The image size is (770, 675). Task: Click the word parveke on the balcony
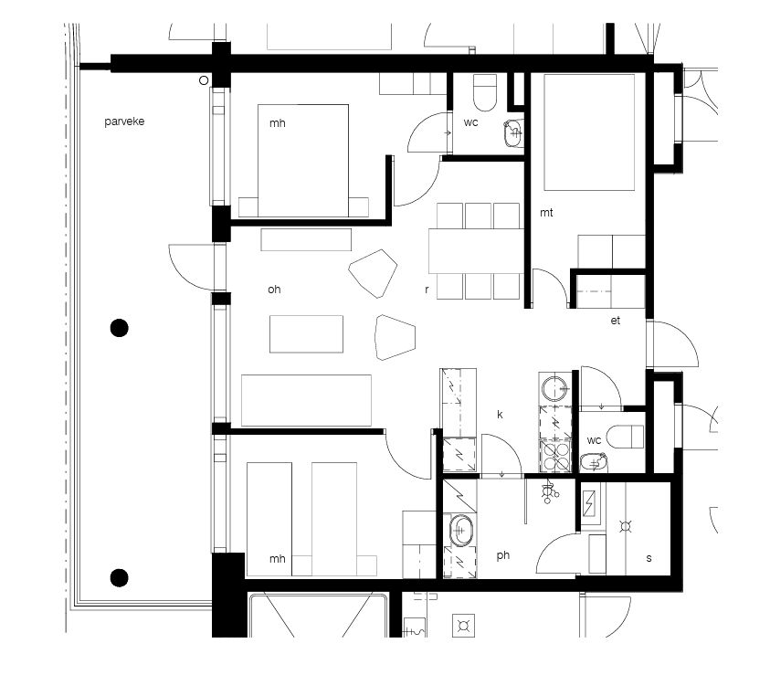pyautogui.click(x=124, y=121)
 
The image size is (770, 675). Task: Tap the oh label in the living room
pyautogui.click(x=274, y=290)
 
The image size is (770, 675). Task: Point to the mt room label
pyautogui.click(x=546, y=213)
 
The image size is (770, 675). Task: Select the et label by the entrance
pyautogui.click(x=616, y=321)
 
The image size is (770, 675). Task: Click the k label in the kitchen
pyautogui.click(x=500, y=415)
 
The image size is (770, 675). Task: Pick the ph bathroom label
pyautogui.click(x=503, y=555)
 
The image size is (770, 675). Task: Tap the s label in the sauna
pyautogui.click(x=649, y=558)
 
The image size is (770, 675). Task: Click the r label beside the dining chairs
pyautogui.click(x=427, y=290)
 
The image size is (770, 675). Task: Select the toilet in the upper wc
pyautogui.click(x=485, y=92)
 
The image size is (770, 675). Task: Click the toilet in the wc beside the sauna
pyautogui.click(x=625, y=437)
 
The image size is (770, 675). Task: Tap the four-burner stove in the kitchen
pyautogui.click(x=555, y=456)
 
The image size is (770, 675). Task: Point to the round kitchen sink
pyautogui.click(x=555, y=388)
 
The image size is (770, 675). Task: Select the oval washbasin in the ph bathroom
pyautogui.click(x=460, y=530)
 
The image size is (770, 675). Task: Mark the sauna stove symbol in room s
pyautogui.click(x=625, y=527)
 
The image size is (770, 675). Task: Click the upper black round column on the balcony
pyautogui.click(x=120, y=328)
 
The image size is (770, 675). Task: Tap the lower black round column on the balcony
pyautogui.click(x=120, y=578)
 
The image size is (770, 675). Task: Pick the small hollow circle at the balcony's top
pyautogui.click(x=204, y=80)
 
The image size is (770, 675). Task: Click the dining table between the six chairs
pyautogui.click(x=476, y=251)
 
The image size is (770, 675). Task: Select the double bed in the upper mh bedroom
pyautogui.click(x=303, y=161)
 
